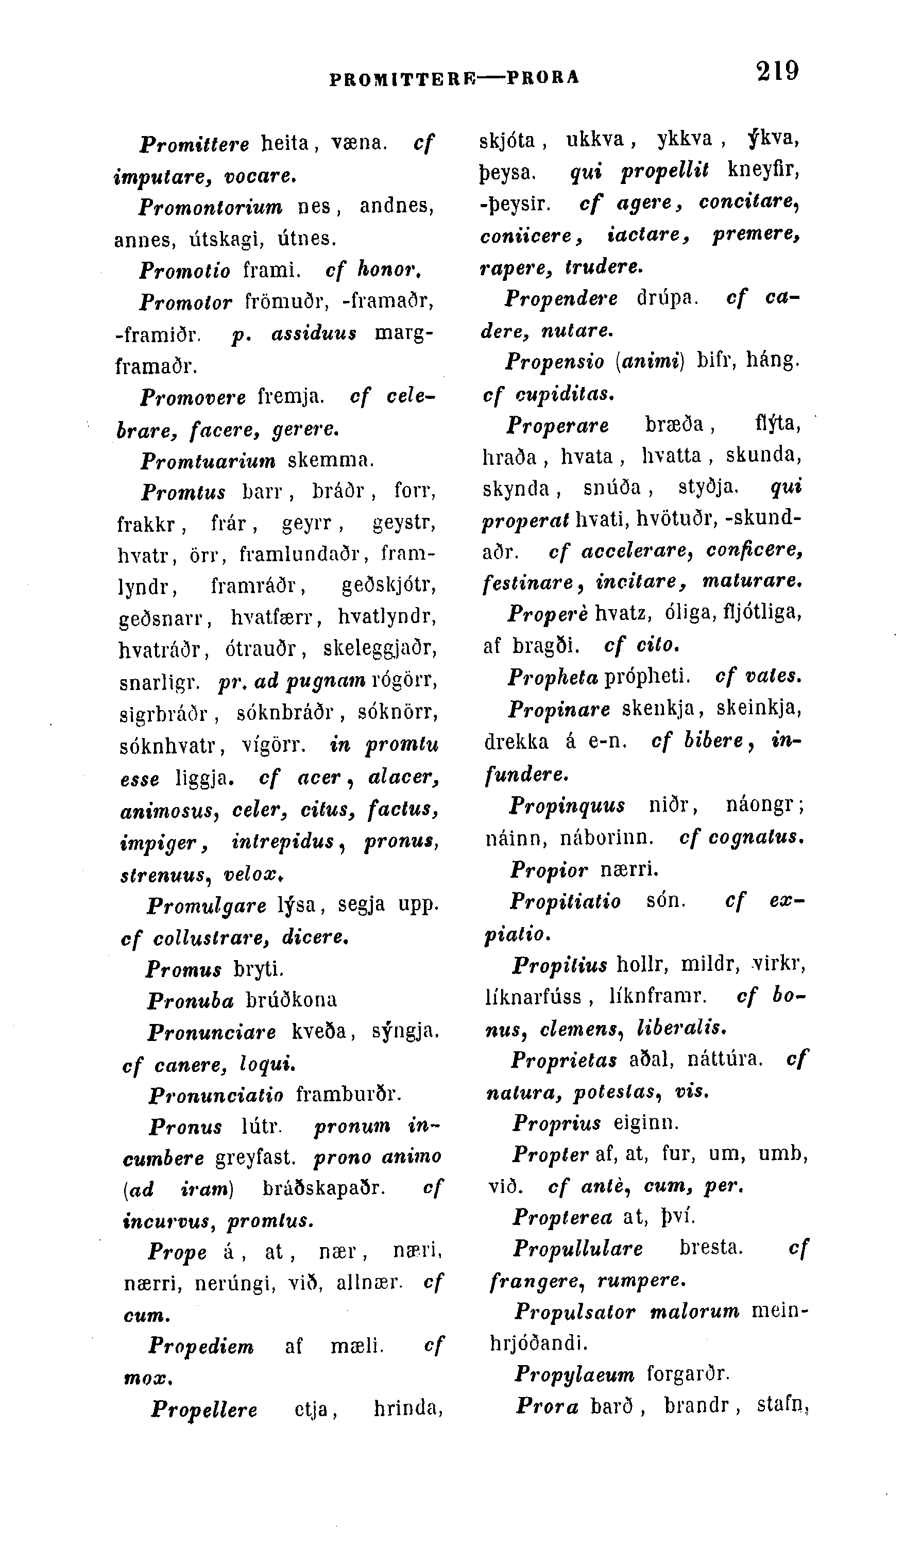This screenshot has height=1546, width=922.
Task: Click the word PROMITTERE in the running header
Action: [x=401, y=78]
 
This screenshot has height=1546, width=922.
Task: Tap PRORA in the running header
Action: [x=543, y=78]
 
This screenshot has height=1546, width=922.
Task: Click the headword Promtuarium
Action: [x=208, y=461]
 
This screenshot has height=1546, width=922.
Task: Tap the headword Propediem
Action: [x=201, y=1347]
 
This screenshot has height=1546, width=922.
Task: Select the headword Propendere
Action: [x=561, y=298]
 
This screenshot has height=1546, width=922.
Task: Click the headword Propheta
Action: [x=552, y=676]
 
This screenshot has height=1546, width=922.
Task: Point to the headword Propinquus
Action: [x=567, y=805]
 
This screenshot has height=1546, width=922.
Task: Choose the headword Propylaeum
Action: [x=574, y=1374]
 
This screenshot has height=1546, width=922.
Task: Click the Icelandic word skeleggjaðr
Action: [x=380, y=648]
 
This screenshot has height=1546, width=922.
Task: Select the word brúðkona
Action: [x=292, y=1000]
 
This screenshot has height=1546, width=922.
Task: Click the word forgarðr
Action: [x=686, y=1373]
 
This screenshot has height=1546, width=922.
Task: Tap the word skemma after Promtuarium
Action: [x=330, y=461]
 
